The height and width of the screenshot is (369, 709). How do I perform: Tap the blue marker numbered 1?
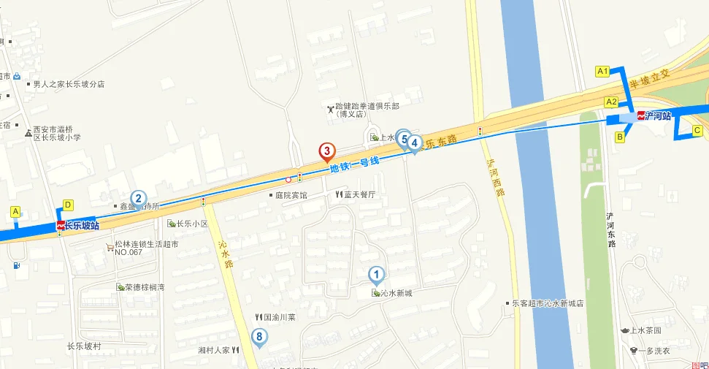(x=376, y=275)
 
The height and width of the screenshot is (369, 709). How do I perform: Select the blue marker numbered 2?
(x=138, y=197)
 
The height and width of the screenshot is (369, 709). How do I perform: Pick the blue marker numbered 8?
(x=258, y=336)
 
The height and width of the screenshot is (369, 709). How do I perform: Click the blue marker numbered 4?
(x=415, y=143)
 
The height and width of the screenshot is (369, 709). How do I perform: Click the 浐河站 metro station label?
(x=654, y=115)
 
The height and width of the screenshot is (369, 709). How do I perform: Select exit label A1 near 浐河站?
(x=602, y=71)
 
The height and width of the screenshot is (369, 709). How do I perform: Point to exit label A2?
(x=611, y=102)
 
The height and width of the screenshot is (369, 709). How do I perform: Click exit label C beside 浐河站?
(x=697, y=131)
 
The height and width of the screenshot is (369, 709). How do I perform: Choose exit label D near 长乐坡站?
(x=68, y=205)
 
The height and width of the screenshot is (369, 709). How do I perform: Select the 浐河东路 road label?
(x=610, y=229)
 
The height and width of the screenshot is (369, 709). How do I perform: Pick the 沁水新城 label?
(x=396, y=293)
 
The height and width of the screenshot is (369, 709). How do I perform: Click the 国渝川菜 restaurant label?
(x=279, y=318)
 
